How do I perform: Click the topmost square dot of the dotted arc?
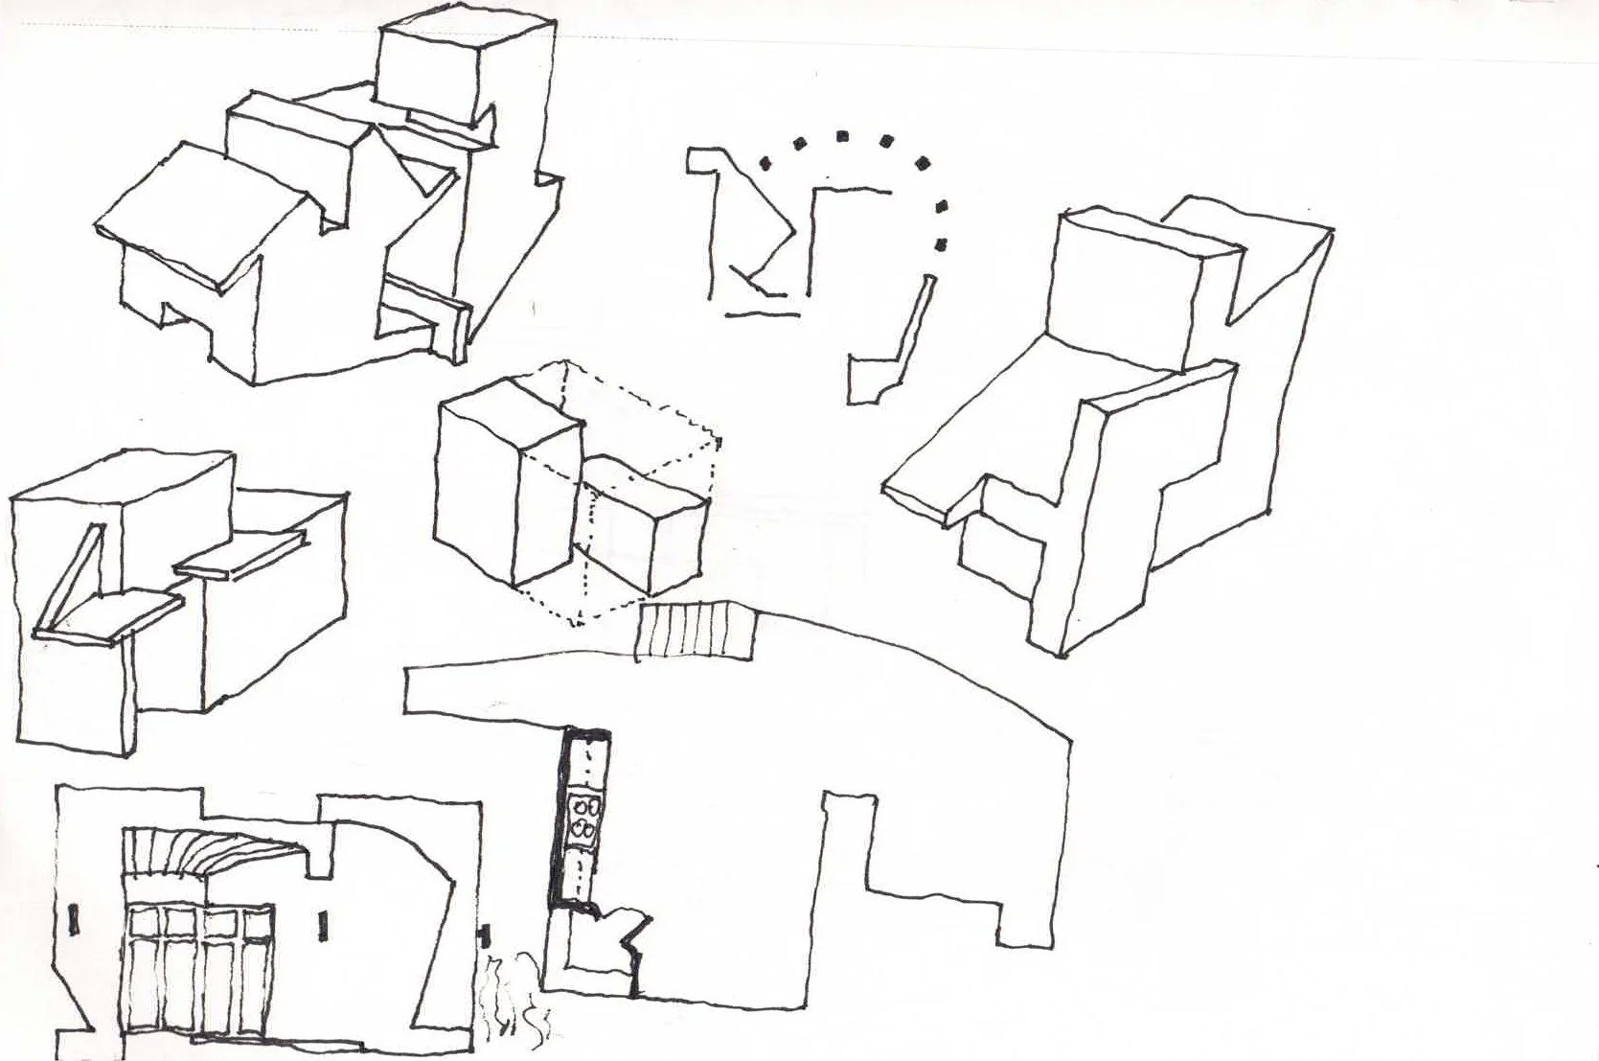click(842, 136)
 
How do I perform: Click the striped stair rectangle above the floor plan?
click(697, 631)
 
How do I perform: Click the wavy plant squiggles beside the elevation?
click(513, 1002)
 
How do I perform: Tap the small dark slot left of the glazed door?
click(74, 920)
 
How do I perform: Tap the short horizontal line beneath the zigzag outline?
click(763, 312)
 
